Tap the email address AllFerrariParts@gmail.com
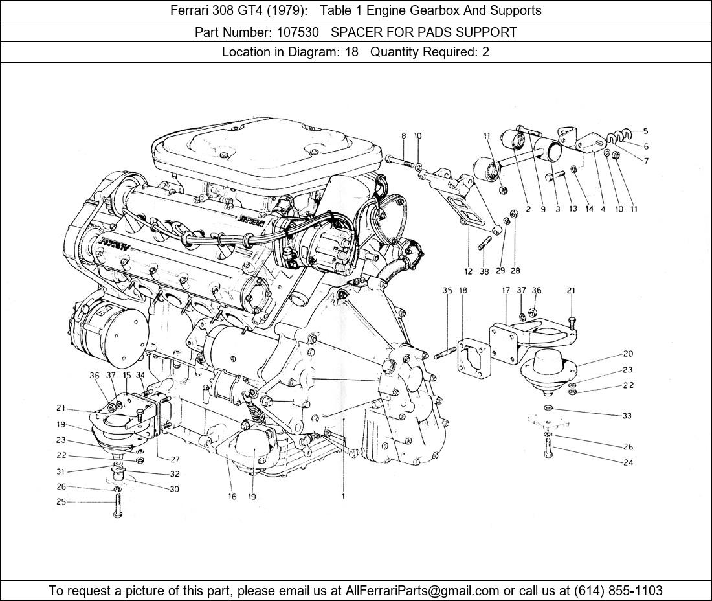tap(423, 591)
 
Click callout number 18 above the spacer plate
tap(463, 291)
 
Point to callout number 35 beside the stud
tap(447, 291)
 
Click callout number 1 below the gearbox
tap(344, 497)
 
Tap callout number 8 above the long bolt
tap(403, 136)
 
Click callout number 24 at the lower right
tap(627, 462)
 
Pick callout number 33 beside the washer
tap(627, 416)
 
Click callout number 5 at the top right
tap(645, 131)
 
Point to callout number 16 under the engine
tap(232, 497)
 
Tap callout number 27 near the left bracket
tap(175, 459)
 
